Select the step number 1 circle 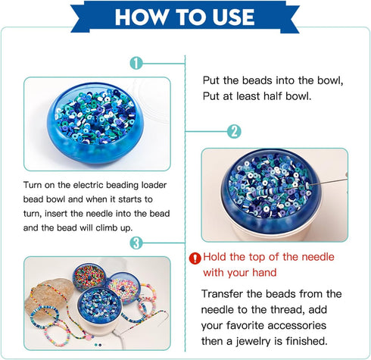[x=135, y=63]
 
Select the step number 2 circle [x=234, y=131]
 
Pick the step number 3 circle [x=135, y=243]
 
